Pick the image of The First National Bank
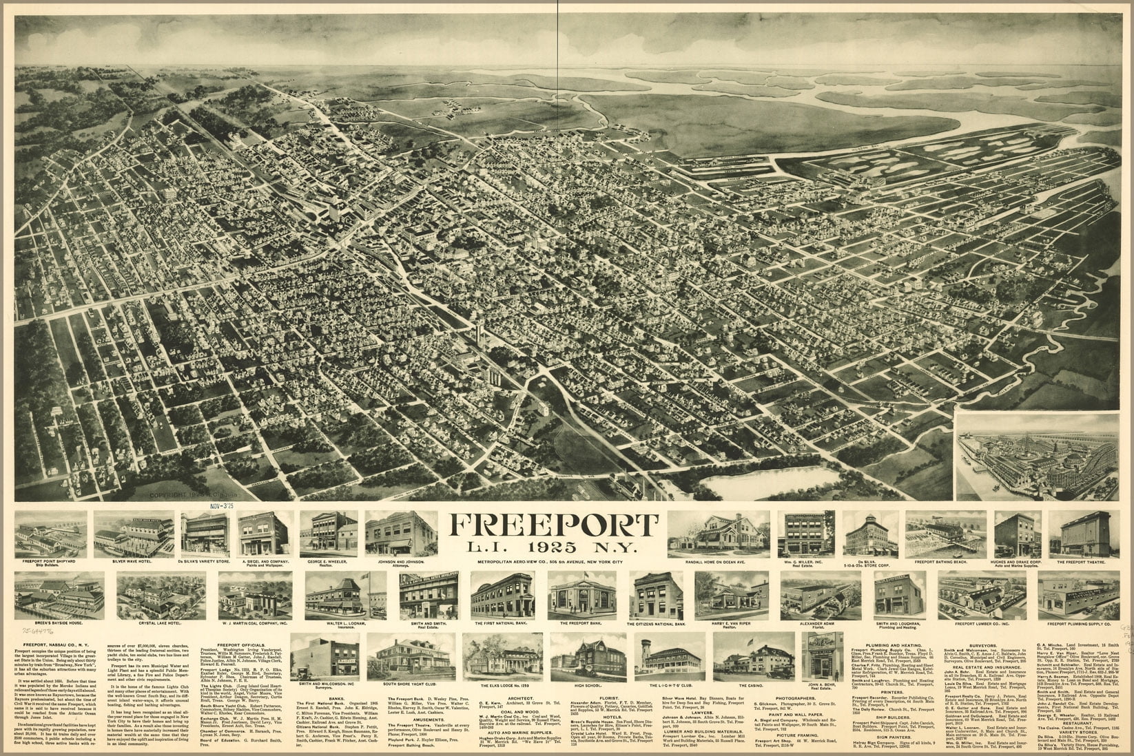(503, 595)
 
